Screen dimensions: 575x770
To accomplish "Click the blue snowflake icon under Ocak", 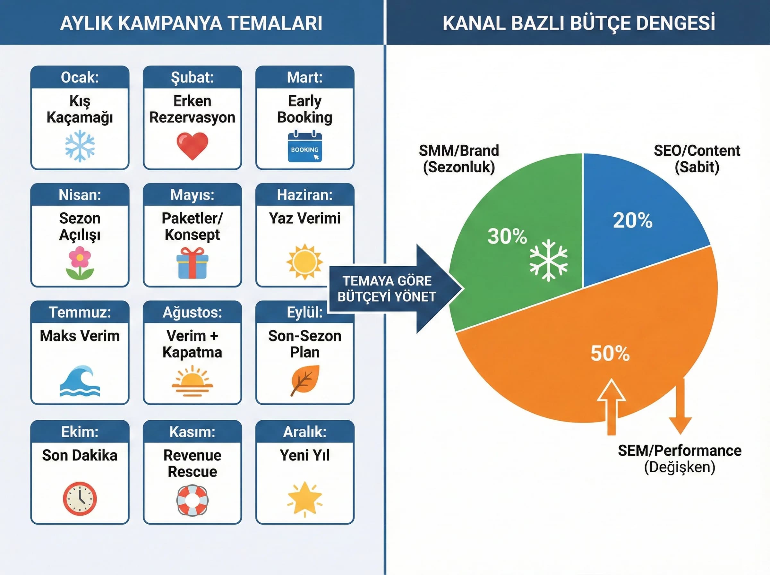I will click(x=80, y=146).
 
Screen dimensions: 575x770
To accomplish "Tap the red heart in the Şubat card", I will click(x=193, y=146).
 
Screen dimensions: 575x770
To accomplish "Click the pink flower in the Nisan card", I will click(x=80, y=263).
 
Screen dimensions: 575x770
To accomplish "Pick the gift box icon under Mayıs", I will click(x=193, y=263).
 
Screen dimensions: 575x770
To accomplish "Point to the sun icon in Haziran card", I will click(x=305, y=262).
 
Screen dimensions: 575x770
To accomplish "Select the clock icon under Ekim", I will click(x=80, y=498).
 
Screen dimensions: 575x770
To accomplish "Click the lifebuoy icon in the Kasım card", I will click(x=193, y=500).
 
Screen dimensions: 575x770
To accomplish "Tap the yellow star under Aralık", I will click(x=305, y=498).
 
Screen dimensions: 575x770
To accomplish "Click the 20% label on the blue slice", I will click(x=632, y=220).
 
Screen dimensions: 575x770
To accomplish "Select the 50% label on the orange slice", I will click(x=610, y=353).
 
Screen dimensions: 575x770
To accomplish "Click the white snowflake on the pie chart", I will click(x=548, y=260).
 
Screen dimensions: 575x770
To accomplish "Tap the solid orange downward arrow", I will click(x=680, y=407).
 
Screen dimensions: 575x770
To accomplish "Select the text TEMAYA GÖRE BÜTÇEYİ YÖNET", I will click(x=387, y=289).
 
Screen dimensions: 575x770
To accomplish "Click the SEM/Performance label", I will click(x=679, y=451).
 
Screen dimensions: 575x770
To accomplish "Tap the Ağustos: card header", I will click(x=193, y=312).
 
